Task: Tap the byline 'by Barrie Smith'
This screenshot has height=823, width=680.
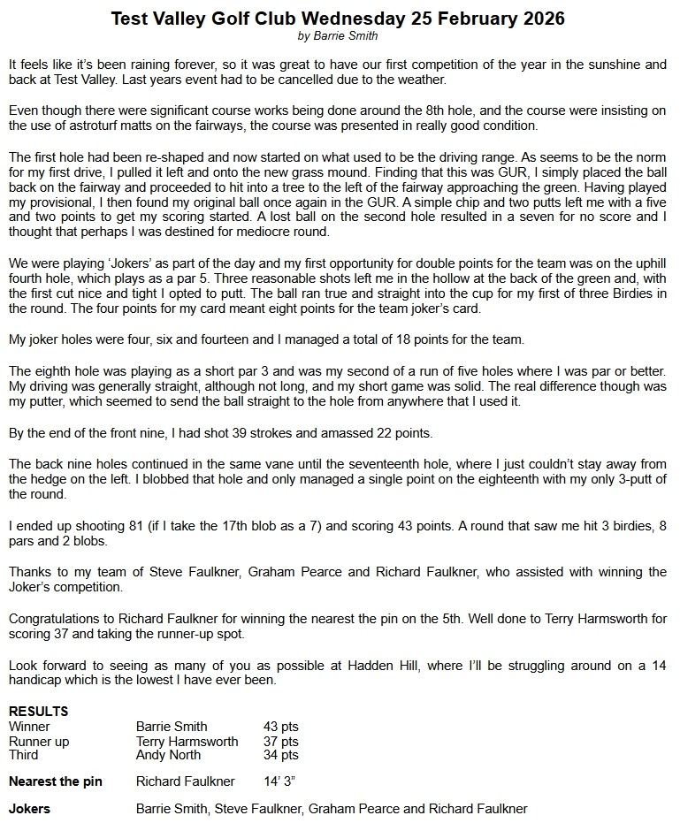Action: pos(340,35)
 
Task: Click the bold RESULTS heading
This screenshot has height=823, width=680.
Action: pos(38,712)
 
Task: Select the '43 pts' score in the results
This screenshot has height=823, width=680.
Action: pos(281,727)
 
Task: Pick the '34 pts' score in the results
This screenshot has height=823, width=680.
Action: pos(281,755)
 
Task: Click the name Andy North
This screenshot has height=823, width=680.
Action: pos(168,755)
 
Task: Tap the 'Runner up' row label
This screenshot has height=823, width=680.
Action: pos(39,741)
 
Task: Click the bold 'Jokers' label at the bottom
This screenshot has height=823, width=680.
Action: pos(29,809)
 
